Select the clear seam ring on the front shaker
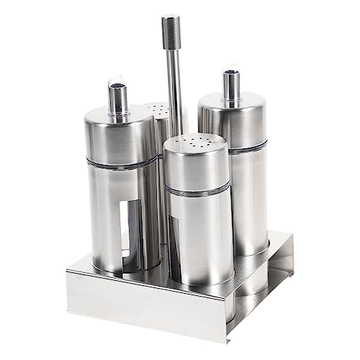pos(197,189)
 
